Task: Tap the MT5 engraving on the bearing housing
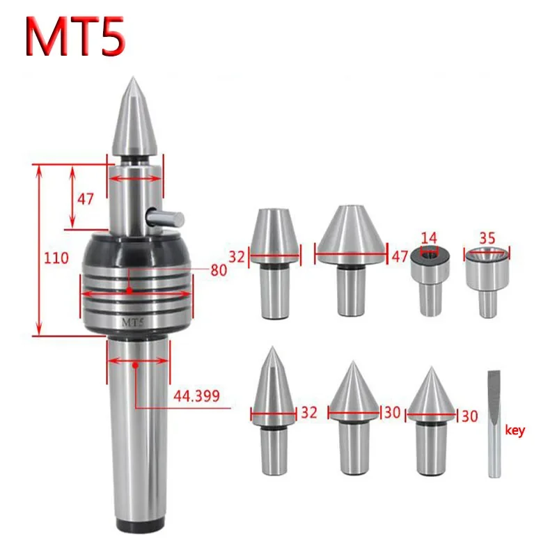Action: click(x=133, y=323)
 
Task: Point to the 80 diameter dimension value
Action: click(x=219, y=270)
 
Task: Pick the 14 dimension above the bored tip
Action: click(x=427, y=237)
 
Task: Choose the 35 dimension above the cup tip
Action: click(x=487, y=237)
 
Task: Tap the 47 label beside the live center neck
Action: click(x=85, y=199)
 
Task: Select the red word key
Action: click(x=516, y=430)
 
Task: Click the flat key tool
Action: click(x=493, y=425)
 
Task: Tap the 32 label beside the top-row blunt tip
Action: click(x=237, y=256)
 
